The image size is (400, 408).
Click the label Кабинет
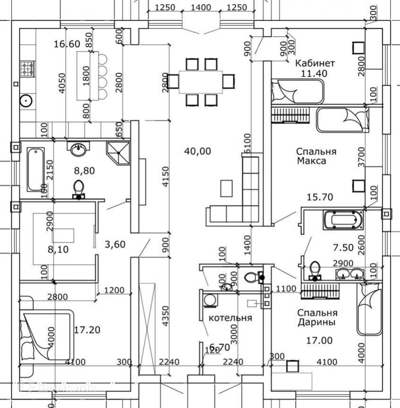point(315,63)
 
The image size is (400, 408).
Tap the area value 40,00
point(198,151)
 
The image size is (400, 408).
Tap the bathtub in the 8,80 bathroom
point(36,169)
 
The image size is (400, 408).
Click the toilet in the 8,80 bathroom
point(78,188)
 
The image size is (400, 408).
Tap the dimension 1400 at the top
point(201,7)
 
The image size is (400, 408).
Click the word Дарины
point(317,323)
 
